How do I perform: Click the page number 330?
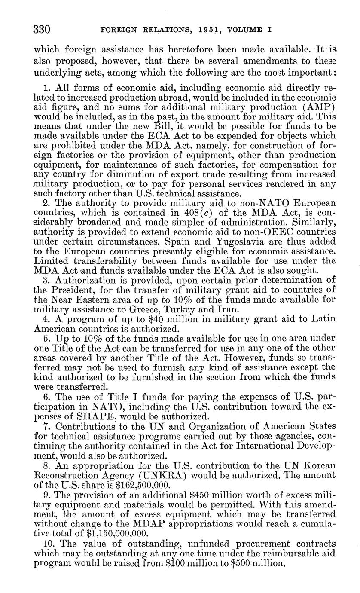point(43,29)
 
